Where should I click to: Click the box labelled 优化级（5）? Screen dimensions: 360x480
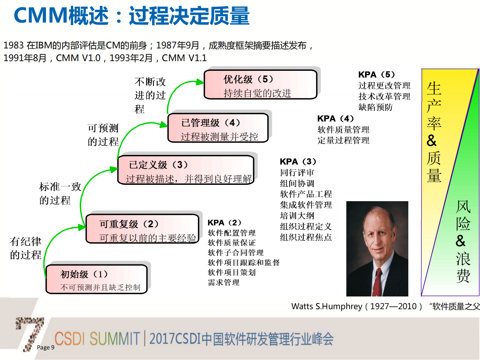(260, 85)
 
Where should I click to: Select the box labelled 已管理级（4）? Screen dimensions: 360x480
(218, 128)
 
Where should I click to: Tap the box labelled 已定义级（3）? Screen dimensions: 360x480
(186, 170)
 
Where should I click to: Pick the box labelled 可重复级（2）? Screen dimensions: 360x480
(142, 229)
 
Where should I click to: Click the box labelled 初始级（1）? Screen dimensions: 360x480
(96, 279)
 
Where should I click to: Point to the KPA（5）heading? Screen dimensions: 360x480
(376, 74)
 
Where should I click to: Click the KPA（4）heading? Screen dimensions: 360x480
(335, 118)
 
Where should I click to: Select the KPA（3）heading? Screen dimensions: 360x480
(298, 162)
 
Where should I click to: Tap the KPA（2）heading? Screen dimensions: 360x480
(224, 223)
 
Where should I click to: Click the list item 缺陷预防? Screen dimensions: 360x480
(375, 107)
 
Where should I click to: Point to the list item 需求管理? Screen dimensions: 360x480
(224, 282)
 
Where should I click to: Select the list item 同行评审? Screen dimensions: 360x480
(297, 172)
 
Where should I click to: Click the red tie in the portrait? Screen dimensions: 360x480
(377, 281)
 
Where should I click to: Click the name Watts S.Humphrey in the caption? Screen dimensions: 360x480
(326, 306)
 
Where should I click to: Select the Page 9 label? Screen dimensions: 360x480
(45, 347)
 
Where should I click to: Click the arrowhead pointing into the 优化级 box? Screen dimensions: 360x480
(200, 82)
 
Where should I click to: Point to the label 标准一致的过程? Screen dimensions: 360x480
(60, 193)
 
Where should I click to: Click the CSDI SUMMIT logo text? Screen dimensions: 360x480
(97, 339)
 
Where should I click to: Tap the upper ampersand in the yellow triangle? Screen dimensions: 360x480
(432, 141)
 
